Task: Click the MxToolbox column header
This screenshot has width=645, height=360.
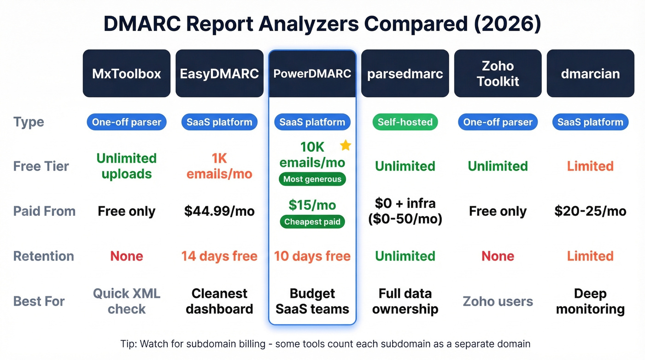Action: pos(127,74)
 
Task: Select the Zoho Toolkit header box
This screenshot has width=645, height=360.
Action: pos(498,74)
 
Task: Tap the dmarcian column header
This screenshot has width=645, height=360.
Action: pos(590,74)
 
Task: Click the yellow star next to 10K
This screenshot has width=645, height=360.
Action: pos(346,146)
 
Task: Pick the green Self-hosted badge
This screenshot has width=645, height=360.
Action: pos(405,122)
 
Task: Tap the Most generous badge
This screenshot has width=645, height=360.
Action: pos(312,179)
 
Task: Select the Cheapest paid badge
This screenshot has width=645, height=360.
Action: pos(312,222)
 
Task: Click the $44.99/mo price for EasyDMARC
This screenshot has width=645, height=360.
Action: pos(219,211)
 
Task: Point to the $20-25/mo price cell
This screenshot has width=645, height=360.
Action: pos(590,211)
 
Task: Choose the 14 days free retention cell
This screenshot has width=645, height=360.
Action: pos(219,256)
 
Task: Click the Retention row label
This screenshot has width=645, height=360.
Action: pos(44,256)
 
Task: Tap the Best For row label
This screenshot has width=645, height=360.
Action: pos(39,301)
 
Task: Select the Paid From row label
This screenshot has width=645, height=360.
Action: pos(44,211)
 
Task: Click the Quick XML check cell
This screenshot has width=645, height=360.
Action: pos(127,301)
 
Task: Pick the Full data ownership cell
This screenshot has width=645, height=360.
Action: pos(405,301)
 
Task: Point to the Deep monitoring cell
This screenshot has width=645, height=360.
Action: pos(590,301)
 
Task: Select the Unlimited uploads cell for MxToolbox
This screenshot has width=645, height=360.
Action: pos(127,166)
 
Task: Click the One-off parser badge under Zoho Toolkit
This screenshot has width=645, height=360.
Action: pos(498,122)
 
